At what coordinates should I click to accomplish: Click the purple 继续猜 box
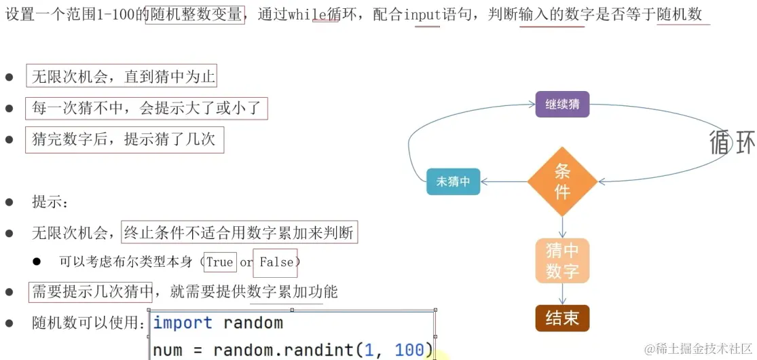[562, 105]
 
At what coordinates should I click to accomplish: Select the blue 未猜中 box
[454, 181]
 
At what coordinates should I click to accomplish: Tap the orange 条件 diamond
[562, 181]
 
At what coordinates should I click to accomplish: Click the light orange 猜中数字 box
[562, 261]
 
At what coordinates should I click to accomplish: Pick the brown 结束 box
[562, 318]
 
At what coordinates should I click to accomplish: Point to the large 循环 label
[731, 143]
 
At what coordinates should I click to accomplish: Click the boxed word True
[219, 262]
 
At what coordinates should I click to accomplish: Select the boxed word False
[276, 262]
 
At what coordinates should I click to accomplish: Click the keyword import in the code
[182, 323]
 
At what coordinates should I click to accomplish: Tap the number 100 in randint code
[409, 350]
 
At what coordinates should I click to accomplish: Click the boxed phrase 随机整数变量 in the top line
[193, 14]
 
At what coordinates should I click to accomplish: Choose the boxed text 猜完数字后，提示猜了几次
[124, 139]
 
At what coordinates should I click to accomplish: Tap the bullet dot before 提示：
[10, 202]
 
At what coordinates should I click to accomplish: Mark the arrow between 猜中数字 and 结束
[562, 293]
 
